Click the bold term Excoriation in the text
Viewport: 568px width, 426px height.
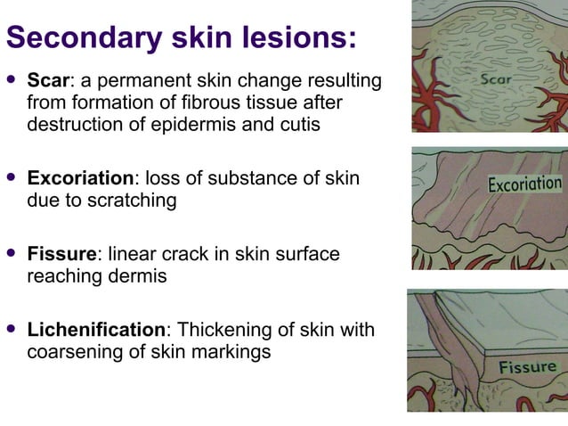point(80,178)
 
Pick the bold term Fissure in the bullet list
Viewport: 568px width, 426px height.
point(61,255)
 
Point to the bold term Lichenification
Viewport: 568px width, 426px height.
point(96,331)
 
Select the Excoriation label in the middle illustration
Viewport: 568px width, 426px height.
point(524,184)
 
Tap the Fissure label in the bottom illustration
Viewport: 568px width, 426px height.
point(527,366)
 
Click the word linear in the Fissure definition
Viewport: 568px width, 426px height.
point(131,255)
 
